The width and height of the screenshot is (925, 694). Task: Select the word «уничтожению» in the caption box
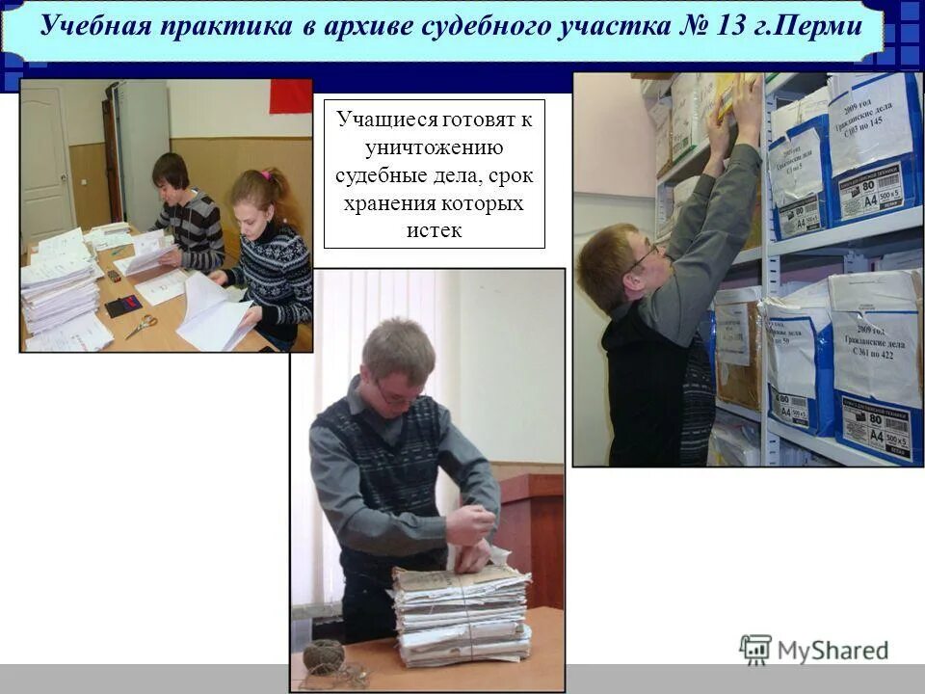[x=434, y=148]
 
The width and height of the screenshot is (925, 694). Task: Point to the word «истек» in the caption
[x=434, y=229]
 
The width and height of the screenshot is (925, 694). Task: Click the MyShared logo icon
[x=755, y=650]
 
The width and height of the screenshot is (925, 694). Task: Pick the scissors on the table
[x=142, y=326]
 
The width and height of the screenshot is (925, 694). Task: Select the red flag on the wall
[x=290, y=96]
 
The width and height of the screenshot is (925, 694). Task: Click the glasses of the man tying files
[x=397, y=394]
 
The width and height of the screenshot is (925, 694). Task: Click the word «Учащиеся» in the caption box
[x=386, y=120]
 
